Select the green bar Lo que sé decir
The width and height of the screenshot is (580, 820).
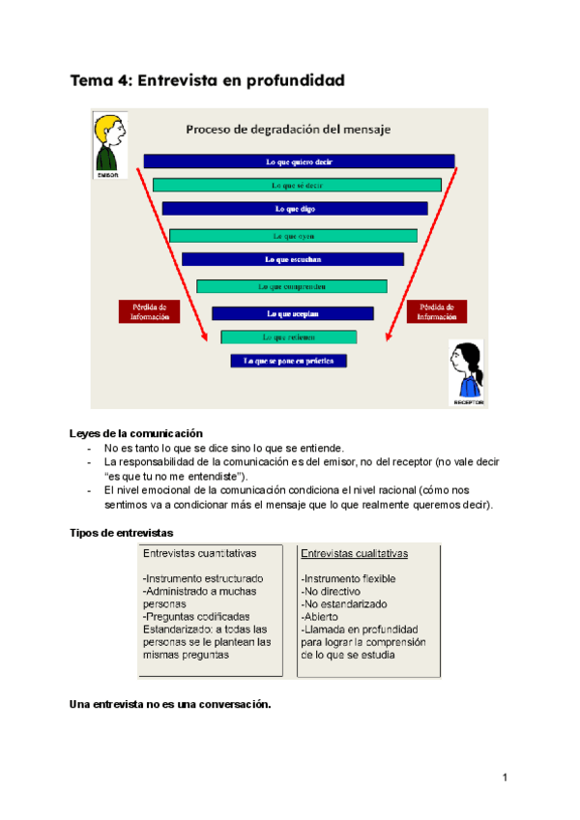(297, 185)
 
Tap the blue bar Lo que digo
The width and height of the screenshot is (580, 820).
(295, 208)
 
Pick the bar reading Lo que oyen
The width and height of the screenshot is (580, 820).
(293, 235)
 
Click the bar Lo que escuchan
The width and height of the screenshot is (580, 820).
(293, 259)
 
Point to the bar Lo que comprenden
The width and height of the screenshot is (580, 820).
(292, 286)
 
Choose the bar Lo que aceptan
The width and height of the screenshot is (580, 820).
(292, 313)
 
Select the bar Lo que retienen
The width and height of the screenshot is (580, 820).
(289, 337)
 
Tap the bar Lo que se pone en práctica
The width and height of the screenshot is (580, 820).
(288, 361)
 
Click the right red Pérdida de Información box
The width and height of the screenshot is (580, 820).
(437, 310)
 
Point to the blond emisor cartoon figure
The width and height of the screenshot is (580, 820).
(107, 145)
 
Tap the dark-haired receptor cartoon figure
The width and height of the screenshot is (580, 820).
(467, 373)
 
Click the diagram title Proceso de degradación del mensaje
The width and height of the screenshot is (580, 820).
(288, 128)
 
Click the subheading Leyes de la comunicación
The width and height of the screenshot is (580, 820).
(136, 434)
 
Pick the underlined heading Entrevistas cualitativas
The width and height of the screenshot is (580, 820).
(354, 554)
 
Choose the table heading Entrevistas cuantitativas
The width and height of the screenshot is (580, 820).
(199, 554)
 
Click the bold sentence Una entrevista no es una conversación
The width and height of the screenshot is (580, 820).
(171, 704)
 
